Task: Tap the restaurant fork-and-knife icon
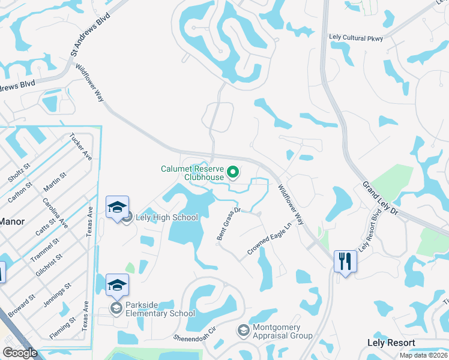point(345,261)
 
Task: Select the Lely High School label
point(167,217)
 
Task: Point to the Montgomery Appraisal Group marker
point(243,330)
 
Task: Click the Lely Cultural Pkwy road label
point(355,37)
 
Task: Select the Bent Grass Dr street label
point(229,224)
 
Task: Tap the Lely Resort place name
point(391,343)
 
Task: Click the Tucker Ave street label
point(80,146)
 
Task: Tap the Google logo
point(20,353)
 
